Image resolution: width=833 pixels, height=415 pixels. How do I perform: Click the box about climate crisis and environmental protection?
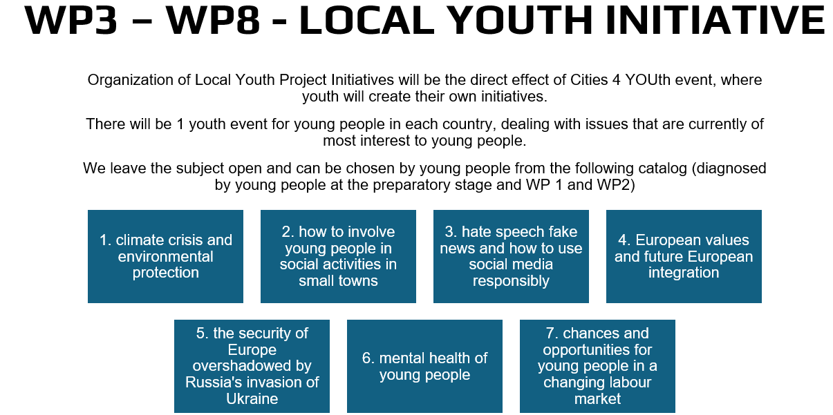[165, 256]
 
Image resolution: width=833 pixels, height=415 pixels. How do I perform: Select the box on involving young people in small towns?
[338, 256]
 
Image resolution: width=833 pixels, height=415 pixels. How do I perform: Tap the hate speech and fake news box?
[511, 256]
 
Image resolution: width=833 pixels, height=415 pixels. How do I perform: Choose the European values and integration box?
[684, 256]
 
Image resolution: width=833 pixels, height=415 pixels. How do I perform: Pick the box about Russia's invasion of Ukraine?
[252, 366]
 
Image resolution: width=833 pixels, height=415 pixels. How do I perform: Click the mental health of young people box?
[424, 366]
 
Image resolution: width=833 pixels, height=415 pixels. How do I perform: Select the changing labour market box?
[597, 366]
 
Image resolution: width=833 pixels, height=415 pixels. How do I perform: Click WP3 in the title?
[71, 20]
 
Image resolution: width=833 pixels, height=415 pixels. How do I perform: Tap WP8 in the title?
[213, 20]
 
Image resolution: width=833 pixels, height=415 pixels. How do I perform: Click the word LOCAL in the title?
[366, 20]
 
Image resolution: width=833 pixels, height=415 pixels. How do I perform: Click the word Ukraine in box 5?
[252, 398]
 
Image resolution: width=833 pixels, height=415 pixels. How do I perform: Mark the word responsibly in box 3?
[511, 281]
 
